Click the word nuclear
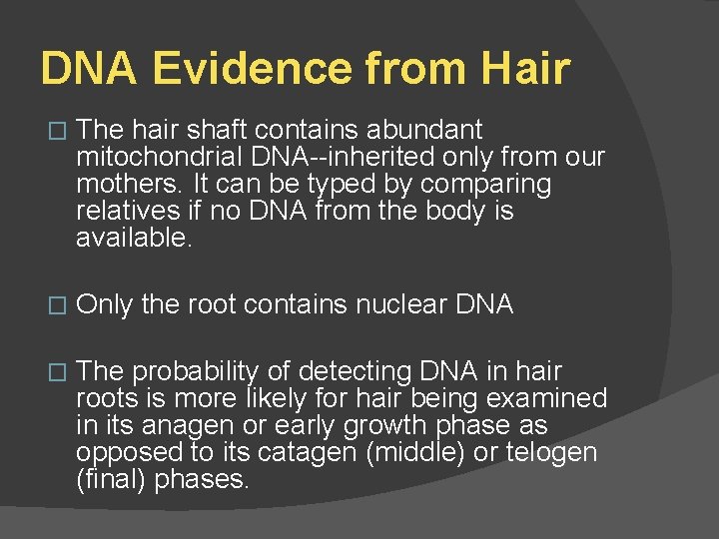[x=396, y=305]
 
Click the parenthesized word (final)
[x=109, y=480]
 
